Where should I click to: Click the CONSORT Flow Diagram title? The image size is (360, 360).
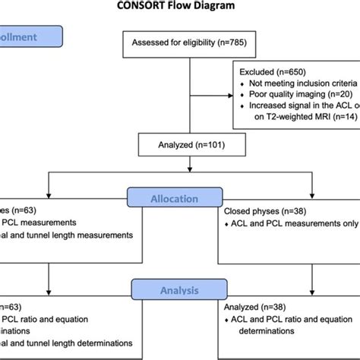(x=179, y=7)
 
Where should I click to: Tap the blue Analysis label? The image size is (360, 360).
(x=179, y=289)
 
